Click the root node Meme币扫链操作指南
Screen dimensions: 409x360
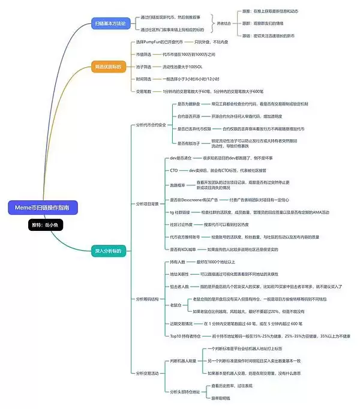(43, 207)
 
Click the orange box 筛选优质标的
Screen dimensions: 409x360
(108, 66)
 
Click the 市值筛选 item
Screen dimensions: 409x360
(145, 54)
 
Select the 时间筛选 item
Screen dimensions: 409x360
(145, 79)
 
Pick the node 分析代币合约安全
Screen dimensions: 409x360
(151, 124)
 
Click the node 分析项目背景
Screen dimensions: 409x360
(148, 204)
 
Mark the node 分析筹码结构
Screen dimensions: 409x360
(148, 299)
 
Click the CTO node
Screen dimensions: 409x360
(174, 170)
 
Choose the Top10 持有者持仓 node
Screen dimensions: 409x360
(185, 336)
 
